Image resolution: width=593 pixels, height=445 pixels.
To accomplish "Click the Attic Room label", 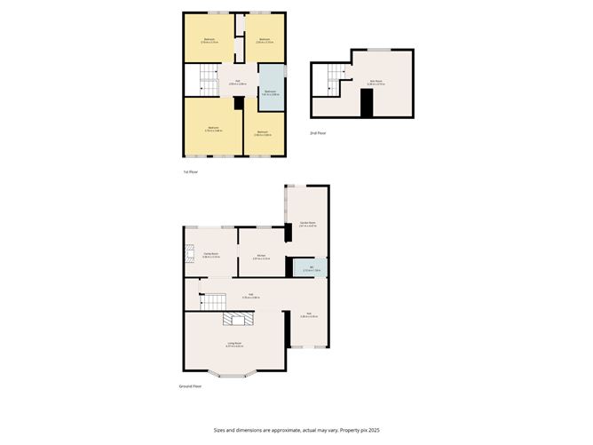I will click(x=376, y=82).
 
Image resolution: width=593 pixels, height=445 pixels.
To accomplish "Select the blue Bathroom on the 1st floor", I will click(x=271, y=92).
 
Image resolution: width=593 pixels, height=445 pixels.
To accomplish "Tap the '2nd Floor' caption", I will click(x=318, y=132).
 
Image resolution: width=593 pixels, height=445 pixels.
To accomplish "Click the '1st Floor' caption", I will click(x=190, y=171).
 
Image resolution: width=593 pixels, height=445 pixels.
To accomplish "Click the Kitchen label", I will click(x=261, y=257).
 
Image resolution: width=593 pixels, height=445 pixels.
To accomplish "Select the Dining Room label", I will click(x=211, y=255).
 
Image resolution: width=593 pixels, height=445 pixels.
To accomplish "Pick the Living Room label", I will click(x=235, y=344).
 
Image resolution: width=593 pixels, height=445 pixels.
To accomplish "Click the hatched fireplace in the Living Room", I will click(x=237, y=321).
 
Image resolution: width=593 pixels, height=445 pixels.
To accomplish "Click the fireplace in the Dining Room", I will click(x=187, y=257).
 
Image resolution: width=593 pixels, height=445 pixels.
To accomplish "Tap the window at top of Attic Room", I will click(x=382, y=49).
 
